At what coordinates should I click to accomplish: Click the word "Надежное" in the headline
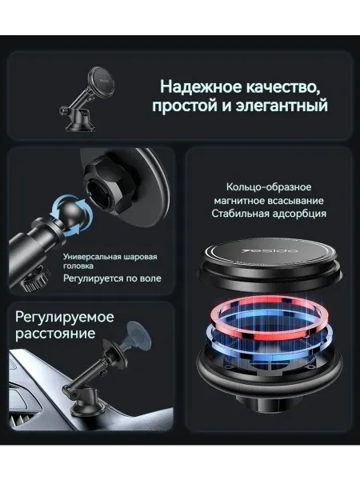point(202,86)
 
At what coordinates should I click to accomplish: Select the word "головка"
point(78,266)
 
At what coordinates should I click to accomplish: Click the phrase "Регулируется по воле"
point(112,278)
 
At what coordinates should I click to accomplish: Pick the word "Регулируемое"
point(65,317)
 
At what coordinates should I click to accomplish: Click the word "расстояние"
point(55,334)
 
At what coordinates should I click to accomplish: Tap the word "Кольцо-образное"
point(269,186)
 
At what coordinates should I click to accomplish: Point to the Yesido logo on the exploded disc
point(270,251)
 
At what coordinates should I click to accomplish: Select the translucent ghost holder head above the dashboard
point(138,335)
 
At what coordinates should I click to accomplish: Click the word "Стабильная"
point(237,214)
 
